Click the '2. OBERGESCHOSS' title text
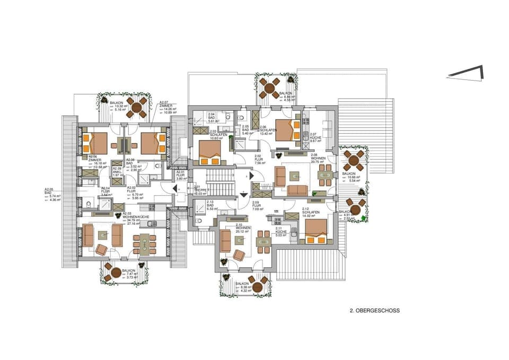(375, 311)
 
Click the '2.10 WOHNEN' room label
(244, 229)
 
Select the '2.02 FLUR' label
(260, 160)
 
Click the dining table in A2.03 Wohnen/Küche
(144, 243)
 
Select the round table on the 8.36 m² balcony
(258, 287)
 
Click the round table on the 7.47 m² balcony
(116, 272)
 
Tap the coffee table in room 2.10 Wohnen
(240, 240)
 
